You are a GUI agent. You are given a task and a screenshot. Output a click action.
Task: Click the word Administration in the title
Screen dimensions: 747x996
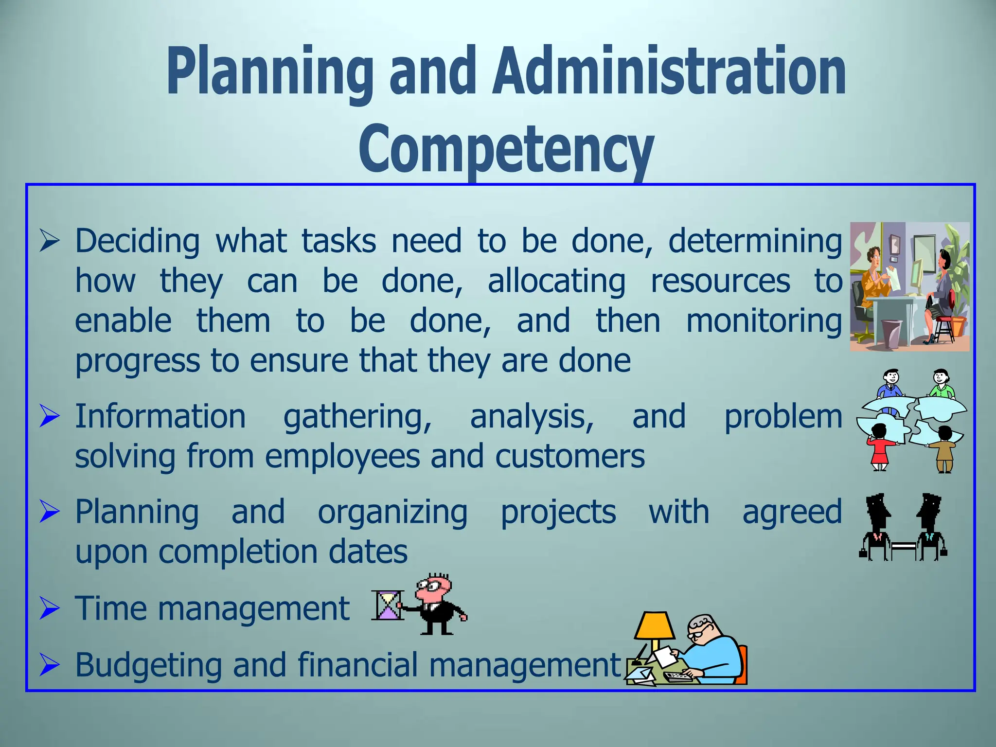[669, 73]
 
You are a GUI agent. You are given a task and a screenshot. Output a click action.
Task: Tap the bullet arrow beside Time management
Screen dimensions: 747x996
[49, 609]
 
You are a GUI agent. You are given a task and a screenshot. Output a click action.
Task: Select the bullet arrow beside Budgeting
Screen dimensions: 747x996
[49, 665]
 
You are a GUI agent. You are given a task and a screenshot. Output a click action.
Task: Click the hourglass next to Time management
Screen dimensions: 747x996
[388, 605]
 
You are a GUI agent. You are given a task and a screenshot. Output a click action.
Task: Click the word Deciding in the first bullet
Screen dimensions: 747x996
[137, 241]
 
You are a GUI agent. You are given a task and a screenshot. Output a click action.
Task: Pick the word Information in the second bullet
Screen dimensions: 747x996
[160, 417]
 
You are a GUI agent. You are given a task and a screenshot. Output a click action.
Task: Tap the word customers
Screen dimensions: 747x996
[570, 457]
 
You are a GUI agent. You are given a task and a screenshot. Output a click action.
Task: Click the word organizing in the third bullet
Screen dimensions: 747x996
[392, 512]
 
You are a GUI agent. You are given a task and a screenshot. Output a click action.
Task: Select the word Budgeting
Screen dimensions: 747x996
[148, 665]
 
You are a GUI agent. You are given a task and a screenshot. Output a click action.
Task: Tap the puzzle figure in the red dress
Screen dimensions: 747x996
[879, 447]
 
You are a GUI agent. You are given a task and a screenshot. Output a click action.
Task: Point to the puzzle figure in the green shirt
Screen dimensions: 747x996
[942, 384]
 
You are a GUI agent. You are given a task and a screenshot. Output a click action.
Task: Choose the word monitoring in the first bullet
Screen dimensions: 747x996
[764, 321]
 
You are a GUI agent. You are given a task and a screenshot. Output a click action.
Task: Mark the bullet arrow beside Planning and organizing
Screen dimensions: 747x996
[49, 512]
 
